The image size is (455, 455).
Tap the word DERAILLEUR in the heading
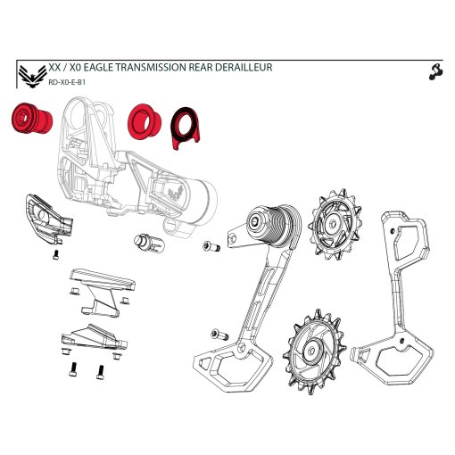[243, 67]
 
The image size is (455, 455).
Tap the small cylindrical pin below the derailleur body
[147, 243]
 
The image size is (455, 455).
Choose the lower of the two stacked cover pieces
[92, 339]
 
